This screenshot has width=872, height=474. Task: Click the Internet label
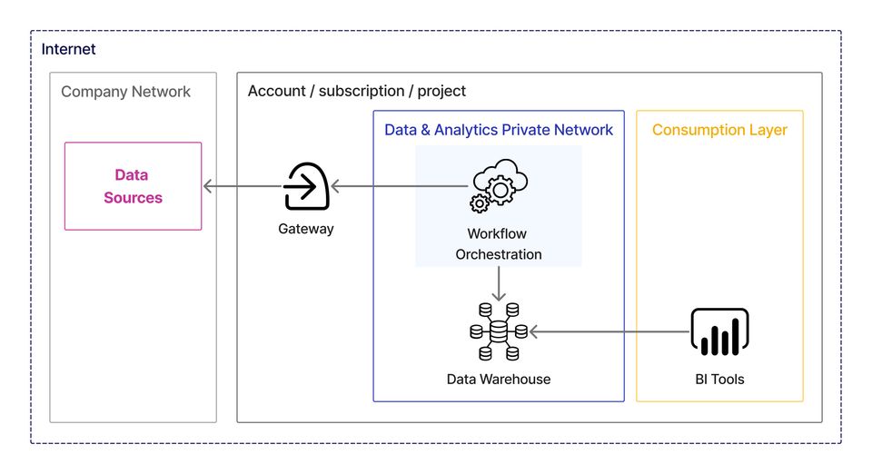[x=68, y=49]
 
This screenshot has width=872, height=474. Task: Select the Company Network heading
[x=125, y=92]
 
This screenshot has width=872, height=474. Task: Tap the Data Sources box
[x=133, y=186]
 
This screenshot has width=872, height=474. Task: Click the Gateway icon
[x=305, y=186]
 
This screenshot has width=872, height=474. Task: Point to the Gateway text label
[x=305, y=229]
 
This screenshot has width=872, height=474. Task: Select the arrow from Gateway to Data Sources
[x=242, y=187]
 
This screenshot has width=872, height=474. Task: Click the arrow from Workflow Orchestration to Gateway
[x=399, y=187]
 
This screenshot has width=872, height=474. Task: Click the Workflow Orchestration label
[x=498, y=243]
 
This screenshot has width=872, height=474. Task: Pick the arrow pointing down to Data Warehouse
[x=498, y=285]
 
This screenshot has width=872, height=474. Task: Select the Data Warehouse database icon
[x=499, y=331]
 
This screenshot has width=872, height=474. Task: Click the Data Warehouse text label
[x=499, y=379]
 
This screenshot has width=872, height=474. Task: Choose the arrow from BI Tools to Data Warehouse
[x=609, y=332]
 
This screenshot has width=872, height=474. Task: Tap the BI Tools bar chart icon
[x=719, y=331]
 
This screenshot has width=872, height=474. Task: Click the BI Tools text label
[x=719, y=379]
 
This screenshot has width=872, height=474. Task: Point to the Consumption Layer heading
[x=719, y=130]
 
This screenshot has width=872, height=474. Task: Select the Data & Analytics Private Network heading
[x=499, y=130]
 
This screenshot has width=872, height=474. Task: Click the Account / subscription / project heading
[x=357, y=92]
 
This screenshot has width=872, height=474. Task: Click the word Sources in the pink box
[x=133, y=198]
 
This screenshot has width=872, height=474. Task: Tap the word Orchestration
[x=498, y=254]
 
